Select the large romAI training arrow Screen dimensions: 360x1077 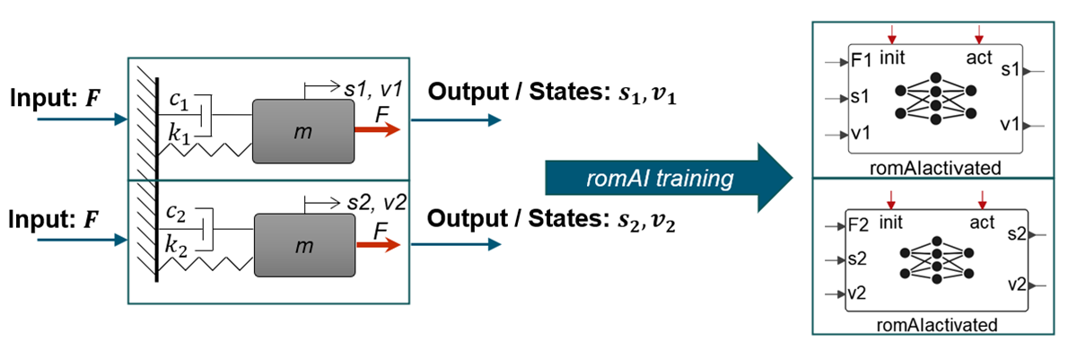(669, 180)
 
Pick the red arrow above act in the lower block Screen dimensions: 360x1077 (981, 197)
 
